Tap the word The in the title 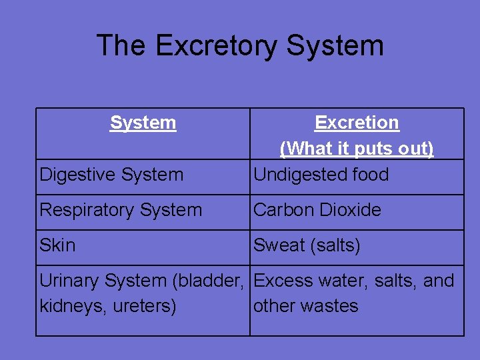click(121, 46)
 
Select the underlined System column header click(143, 123)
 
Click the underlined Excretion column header click(357, 123)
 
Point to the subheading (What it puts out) click(357, 148)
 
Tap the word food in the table click(371, 175)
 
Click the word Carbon click(283, 210)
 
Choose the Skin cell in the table click(57, 245)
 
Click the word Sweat click(279, 245)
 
